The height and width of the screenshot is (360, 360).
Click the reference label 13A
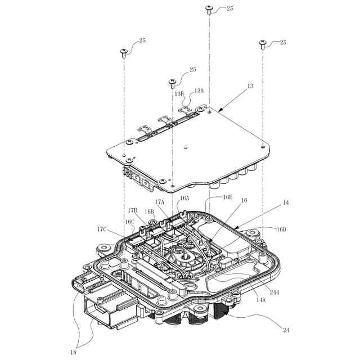click(199, 90)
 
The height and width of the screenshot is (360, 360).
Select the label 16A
click(184, 199)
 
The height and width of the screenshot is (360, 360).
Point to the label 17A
click(160, 201)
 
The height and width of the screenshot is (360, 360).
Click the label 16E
click(227, 197)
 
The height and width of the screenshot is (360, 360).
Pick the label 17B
click(132, 210)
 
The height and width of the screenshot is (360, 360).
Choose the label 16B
click(150, 212)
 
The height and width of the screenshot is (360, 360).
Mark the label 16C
click(129, 222)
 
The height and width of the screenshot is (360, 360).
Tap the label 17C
click(102, 229)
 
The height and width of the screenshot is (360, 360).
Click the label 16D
click(281, 229)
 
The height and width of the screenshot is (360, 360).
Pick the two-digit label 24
click(286, 330)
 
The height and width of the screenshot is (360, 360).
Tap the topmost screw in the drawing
click(209, 9)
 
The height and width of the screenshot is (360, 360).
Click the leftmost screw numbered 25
click(124, 53)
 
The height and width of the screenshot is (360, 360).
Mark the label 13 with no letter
click(250, 86)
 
